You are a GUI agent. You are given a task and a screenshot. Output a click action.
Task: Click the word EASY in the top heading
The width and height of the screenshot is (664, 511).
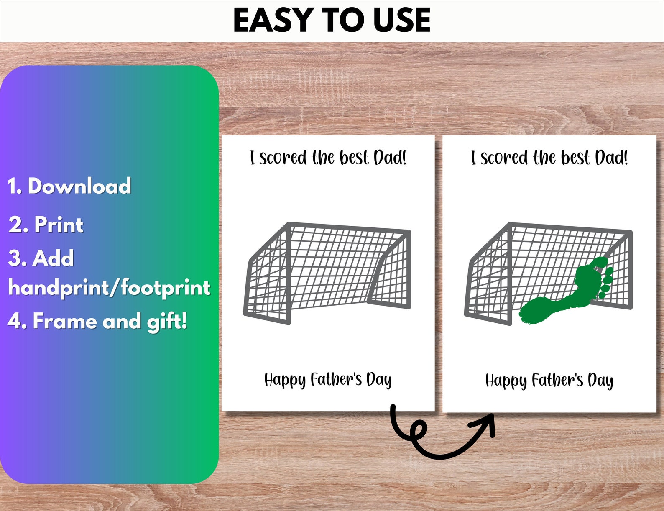pos(273,20)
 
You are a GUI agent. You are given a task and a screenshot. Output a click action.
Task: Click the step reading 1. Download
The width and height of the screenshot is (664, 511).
pos(69,186)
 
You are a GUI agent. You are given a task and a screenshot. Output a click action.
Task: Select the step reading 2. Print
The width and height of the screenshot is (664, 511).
pos(46,225)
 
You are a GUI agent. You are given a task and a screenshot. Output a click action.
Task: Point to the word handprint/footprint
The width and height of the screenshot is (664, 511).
pos(109,288)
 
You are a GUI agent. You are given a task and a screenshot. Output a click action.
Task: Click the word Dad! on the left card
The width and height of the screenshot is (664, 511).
pos(390,158)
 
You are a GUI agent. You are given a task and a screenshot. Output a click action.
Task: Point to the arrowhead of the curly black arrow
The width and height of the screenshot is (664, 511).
pos(488,421)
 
